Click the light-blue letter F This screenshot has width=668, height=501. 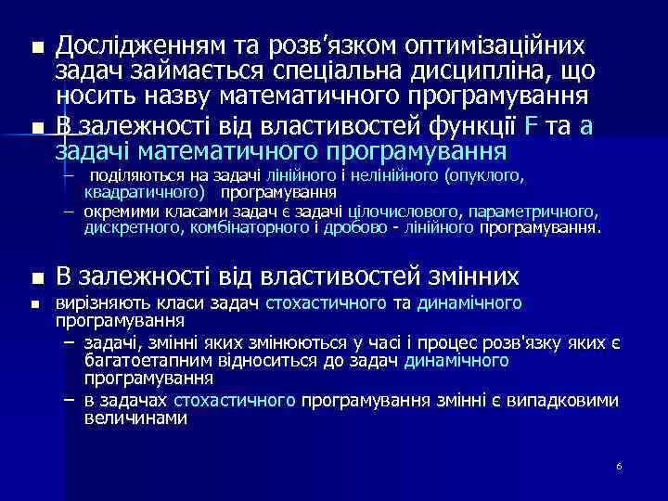click(531, 127)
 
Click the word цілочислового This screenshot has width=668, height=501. click(398, 212)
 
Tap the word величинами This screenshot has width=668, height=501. click(135, 417)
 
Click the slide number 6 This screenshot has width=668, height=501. click(619, 465)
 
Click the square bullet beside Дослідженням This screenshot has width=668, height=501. click(36, 47)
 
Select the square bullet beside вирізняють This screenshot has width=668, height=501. click(36, 304)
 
